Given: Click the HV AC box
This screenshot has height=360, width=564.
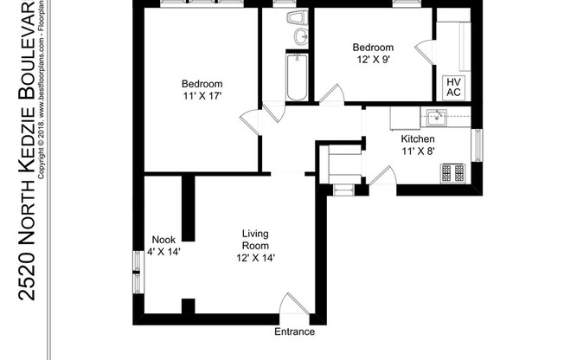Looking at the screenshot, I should (454, 87).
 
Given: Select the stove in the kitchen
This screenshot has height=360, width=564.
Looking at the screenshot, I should (452, 172).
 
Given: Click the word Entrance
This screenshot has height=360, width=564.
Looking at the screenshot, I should (294, 332).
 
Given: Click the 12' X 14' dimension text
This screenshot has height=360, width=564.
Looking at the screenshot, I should (255, 258).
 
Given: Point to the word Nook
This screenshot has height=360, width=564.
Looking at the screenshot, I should (163, 240).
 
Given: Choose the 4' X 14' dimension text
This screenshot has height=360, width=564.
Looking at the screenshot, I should (163, 252).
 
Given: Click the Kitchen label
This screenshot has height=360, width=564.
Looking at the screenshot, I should (417, 138).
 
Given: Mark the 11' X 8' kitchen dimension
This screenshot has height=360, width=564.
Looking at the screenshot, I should (417, 151).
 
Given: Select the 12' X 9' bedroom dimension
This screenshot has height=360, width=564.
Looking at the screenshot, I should (373, 59).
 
